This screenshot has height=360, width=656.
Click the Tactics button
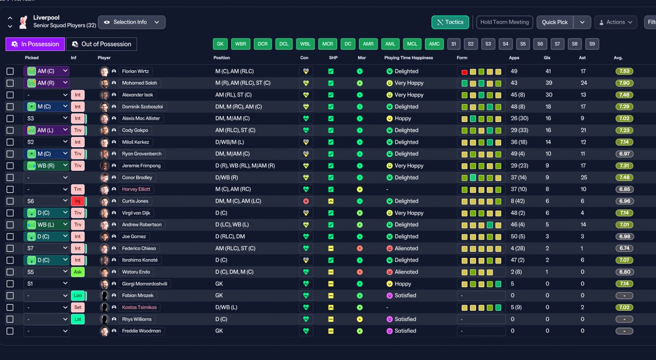tap(450, 22)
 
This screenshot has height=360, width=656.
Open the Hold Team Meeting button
tap(505, 22)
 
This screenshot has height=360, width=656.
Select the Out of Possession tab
tap(101, 44)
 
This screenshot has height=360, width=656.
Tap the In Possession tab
tap(35, 44)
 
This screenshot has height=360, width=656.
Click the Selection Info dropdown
tap(132, 22)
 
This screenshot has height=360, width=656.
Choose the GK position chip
tap(220, 44)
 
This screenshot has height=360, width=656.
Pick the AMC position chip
tap(434, 44)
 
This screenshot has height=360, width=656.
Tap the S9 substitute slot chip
tap(592, 44)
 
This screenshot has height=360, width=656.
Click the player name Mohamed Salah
tap(139, 83)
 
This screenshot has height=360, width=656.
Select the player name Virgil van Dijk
tap(136, 213)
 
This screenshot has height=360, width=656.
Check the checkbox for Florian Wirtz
tap(10, 71)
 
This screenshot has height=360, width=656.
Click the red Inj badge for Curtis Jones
tap(77, 201)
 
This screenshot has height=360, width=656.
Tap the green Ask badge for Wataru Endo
tap(77, 272)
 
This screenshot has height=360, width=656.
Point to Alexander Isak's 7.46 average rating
tap(624, 95)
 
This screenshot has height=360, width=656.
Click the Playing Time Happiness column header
tap(408, 58)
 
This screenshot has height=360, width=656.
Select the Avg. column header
tap(618, 58)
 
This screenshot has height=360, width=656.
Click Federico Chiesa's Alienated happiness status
tap(406, 248)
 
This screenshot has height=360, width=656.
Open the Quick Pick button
tap(555, 22)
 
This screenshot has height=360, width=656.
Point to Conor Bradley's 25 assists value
tap(584, 177)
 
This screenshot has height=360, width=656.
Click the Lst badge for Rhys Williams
tap(77, 319)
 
